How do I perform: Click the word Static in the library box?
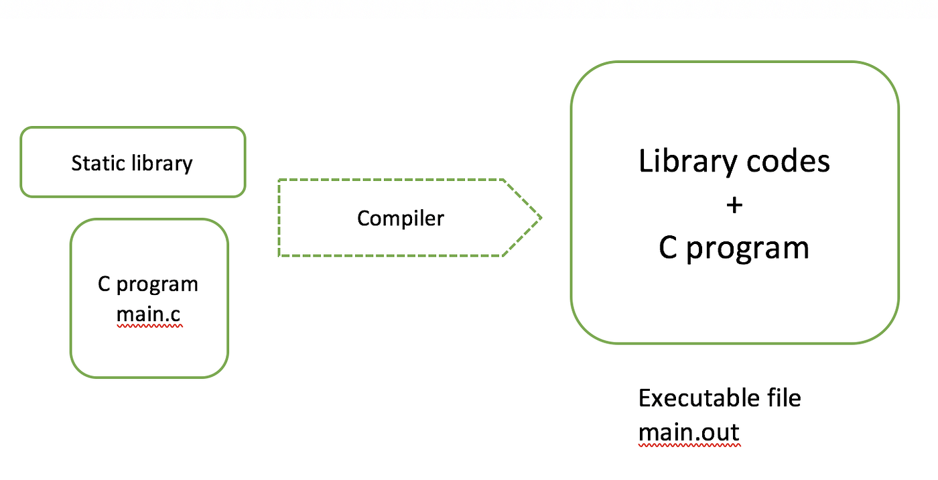click(x=95, y=163)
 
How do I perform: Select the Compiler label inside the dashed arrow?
click(x=400, y=218)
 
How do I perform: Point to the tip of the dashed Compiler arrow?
click(x=540, y=217)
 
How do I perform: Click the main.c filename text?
click(x=149, y=314)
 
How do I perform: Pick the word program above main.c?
click(x=157, y=285)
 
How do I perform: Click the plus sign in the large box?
click(x=734, y=205)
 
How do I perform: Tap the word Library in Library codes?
click(x=679, y=162)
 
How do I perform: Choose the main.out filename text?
click(x=689, y=432)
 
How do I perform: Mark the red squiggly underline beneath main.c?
click(x=149, y=326)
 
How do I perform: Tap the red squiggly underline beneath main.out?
click(x=689, y=444)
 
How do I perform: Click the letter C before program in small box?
click(x=104, y=284)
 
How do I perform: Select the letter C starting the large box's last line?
click(x=668, y=248)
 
